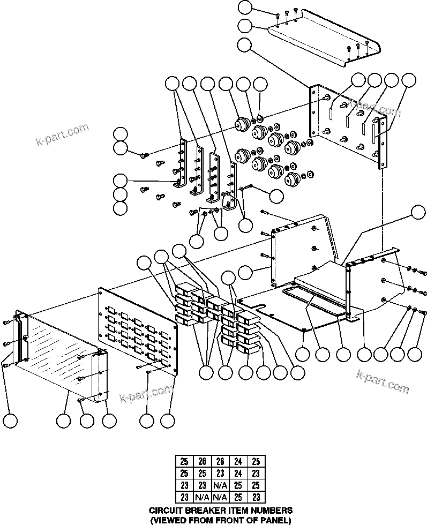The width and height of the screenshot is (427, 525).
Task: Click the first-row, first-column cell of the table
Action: [x=184, y=461]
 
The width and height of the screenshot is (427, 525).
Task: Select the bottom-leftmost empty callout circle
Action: [x=11, y=421]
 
